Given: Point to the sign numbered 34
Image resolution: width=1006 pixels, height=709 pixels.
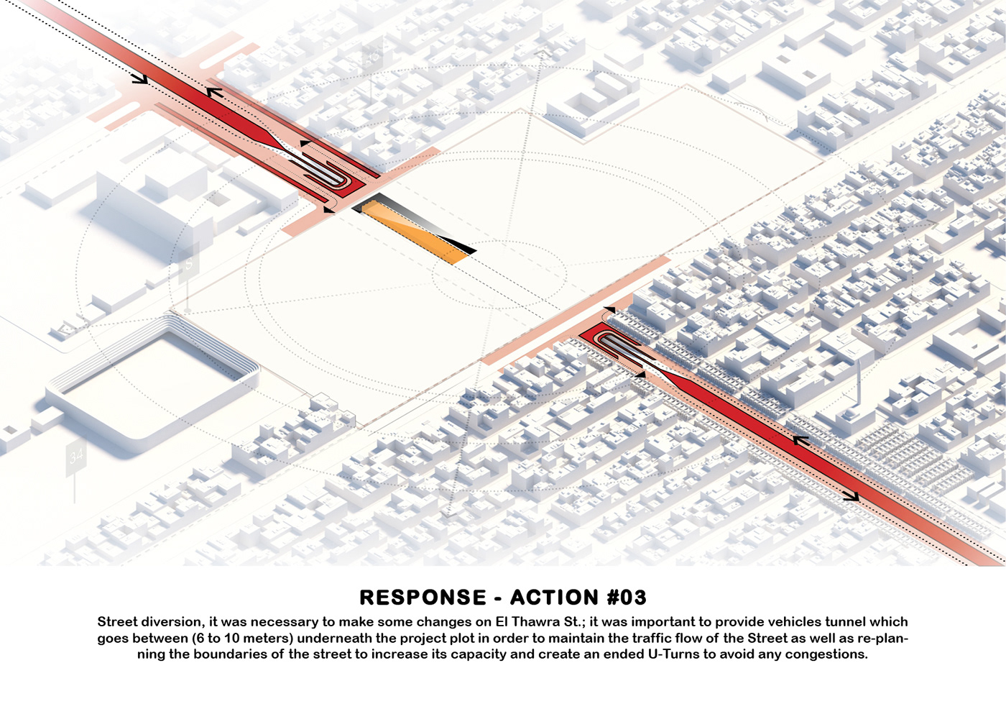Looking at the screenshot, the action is (75, 456).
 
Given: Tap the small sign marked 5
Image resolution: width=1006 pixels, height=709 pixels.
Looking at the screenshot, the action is (189, 265).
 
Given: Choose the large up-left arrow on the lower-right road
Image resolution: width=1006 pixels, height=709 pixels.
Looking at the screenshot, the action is (799, 440).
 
